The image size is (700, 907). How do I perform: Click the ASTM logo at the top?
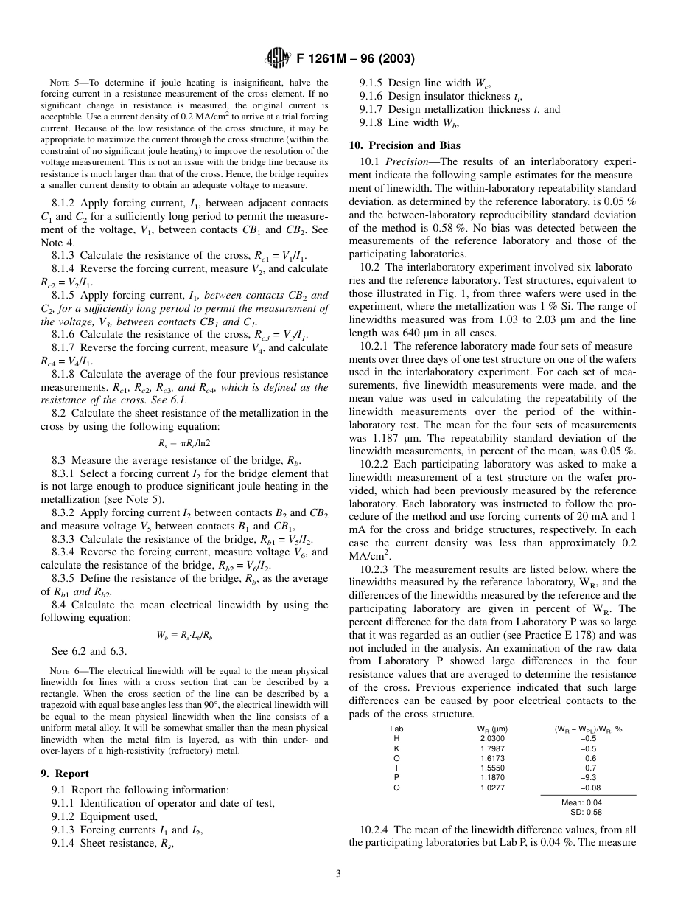point(278,58)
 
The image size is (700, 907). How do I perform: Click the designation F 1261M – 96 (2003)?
point(354,58)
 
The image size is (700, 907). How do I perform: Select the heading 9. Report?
point(65,774)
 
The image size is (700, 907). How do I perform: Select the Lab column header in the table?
point(396,729)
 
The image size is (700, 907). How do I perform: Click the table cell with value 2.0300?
point(492,738)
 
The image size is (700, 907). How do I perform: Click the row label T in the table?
point(396,768)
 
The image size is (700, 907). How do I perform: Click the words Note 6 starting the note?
point(59,671)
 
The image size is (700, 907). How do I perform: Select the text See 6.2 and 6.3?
point(89,651)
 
